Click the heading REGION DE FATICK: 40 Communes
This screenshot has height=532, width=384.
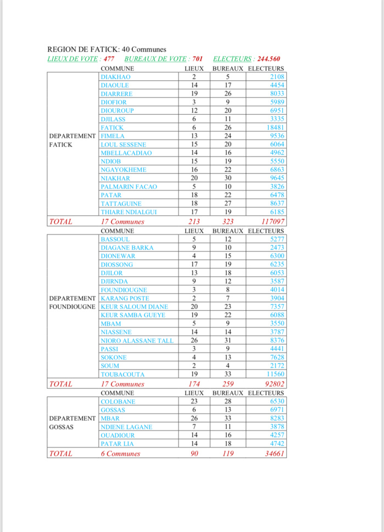click(107, 49)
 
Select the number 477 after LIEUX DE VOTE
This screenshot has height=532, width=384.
click(109, 59)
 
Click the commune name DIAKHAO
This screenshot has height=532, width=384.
click(115, 77)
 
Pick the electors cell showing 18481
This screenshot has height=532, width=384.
click(274, 127)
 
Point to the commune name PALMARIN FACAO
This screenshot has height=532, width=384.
click(129, 187)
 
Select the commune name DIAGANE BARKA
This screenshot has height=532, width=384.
click(126, 248)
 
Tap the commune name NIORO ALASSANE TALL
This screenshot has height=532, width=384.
click(137, 340)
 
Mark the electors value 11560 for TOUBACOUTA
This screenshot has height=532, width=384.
click(274, 374)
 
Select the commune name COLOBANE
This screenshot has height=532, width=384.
click(118, 401)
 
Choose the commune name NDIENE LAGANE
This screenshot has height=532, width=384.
click(126, 427)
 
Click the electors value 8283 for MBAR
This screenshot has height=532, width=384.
click(276, 418)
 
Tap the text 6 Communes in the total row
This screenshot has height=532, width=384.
click(120, 453)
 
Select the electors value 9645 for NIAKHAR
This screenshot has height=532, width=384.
click(276, 178)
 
